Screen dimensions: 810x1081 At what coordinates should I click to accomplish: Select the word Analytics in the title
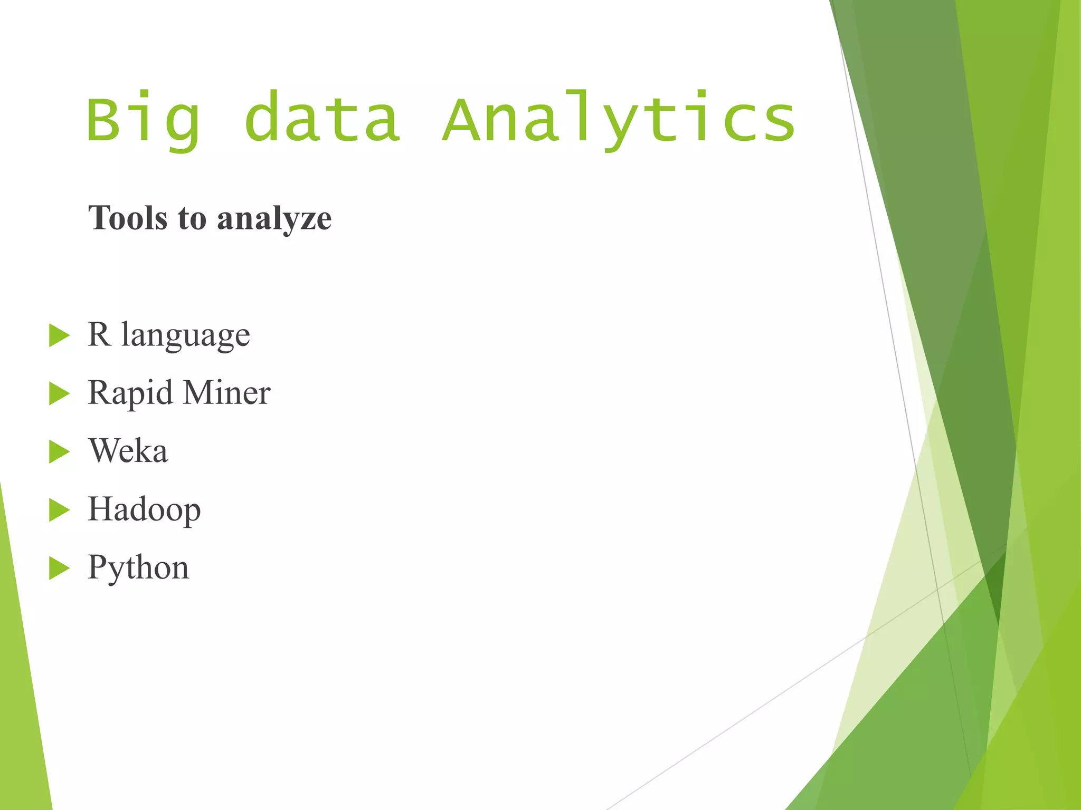pos(619,120)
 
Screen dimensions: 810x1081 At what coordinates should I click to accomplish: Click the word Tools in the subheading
pos(128,218)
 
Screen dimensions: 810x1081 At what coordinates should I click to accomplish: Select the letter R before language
pos(99,334)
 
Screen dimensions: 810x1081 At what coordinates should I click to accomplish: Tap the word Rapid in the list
pos(130,393)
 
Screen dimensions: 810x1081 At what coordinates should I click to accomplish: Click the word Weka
pos(128,451)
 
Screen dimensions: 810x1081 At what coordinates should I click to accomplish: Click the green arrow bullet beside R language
pos(59,335)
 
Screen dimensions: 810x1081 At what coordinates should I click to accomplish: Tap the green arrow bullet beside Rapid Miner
pos(59,393)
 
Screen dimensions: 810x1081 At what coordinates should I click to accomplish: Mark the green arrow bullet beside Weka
pos(59,452)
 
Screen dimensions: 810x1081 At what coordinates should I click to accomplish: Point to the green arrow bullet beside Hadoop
pos(59,510)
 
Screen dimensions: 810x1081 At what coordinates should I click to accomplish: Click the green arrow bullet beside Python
pos(59,568)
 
